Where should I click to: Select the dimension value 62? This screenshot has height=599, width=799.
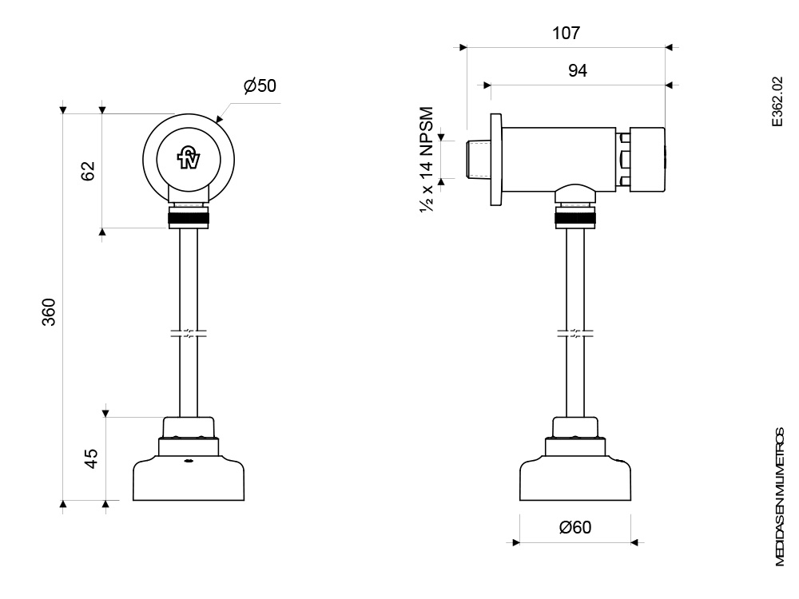[x=88, y=170]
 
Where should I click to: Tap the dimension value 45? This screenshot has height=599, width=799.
[x=91, y=458]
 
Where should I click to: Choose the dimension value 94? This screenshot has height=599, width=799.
[x=577, y=70]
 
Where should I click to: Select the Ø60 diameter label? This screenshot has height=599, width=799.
[x=576, y=527]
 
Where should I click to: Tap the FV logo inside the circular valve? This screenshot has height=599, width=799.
[x=189, y=157]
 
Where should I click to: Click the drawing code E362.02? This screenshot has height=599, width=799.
[x=778, y=104]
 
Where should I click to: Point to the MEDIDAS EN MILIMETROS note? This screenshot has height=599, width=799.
[x=780, y=495]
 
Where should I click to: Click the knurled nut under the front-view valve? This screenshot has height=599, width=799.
[x=189, y=219]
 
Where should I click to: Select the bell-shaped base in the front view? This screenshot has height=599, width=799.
[x=189, y=478]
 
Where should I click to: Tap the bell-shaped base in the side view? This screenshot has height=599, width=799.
[x=575, y=478]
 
